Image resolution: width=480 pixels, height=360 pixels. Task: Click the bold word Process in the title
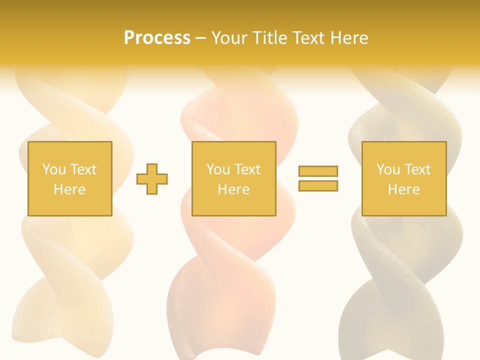[157, 38]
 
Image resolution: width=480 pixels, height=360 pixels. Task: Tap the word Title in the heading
[269, 38]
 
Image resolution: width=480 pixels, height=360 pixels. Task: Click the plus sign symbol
[152, 178]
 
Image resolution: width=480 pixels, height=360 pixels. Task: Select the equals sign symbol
[318, 178]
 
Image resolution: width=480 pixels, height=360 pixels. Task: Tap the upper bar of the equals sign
[318, 171]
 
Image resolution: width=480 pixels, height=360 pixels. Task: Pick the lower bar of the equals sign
[318, 186]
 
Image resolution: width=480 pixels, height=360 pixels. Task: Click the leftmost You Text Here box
[69, 178]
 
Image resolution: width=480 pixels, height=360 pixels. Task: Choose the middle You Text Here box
[233, 178]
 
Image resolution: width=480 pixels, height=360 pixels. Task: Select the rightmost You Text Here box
[403, 178]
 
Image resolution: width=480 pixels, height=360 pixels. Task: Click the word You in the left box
[54, 169]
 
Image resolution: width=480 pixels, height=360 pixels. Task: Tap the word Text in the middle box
[247, 169]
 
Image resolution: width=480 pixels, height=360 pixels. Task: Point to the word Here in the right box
[403, 189]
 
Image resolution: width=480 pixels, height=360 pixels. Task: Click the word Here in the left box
[69, 189]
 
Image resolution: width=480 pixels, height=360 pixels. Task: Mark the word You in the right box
[388, 169]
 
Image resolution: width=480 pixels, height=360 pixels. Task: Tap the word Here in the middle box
[233, 189]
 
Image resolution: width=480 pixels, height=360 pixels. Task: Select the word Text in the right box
[417, 169]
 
